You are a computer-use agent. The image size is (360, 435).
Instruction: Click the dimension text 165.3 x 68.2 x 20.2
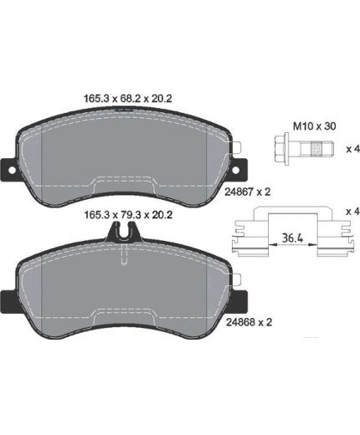click(128, 99)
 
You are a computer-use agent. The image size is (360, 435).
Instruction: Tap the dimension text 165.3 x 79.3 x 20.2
click(128, 215)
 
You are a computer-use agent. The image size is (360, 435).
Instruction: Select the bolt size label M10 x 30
click(314, 126)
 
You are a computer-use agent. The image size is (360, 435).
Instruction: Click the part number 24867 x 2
click(248, 192)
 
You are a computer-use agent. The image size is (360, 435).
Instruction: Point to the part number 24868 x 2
click(249, 322)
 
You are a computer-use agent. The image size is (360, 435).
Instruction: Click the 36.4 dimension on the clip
click(292, 238)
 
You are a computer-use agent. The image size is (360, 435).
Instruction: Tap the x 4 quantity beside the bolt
click(352, 149)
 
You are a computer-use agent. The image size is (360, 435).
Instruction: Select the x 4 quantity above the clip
click(352, 212)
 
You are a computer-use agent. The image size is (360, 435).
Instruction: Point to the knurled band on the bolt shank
click(316, 148)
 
